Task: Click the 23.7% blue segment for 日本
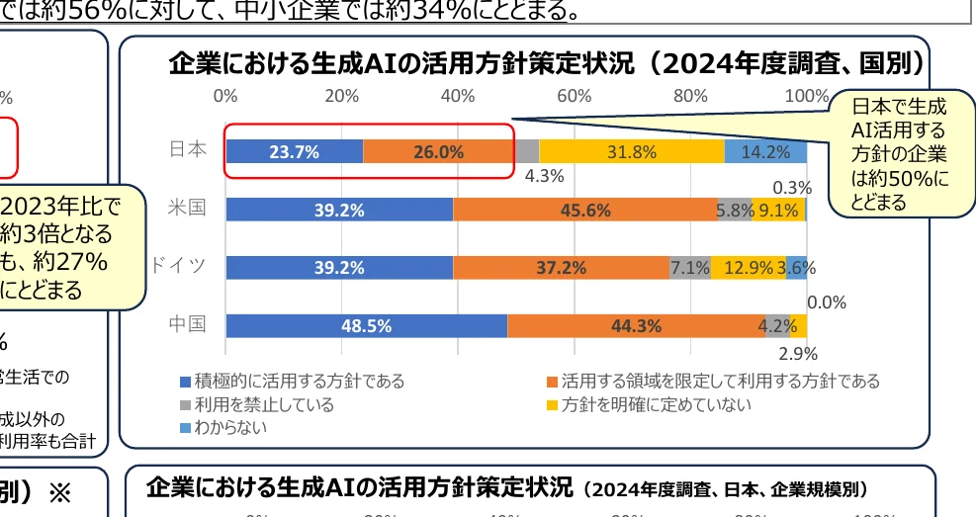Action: click(x=294, y=151)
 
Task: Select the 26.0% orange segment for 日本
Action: click(x=439, y=151)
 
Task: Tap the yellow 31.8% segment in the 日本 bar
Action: click(x=632, y=151)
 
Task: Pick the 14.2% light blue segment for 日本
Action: click(x=765, y=151)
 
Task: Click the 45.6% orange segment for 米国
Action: click(x=585, y=210)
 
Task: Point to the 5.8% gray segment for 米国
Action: click(x=735, y=210)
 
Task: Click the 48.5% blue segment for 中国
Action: click(x=366, y=325)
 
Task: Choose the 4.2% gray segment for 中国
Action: click(x=776, y=325)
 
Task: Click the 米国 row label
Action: click(x=187, y=209)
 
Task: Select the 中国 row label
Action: click(x=187, y=324)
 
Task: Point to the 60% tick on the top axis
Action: click(x=574, y=96)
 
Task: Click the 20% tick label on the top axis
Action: click(x=341, y=96)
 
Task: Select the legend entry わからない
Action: click(x=230, y=427)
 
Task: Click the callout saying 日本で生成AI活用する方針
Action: click(x=898, y=153)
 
